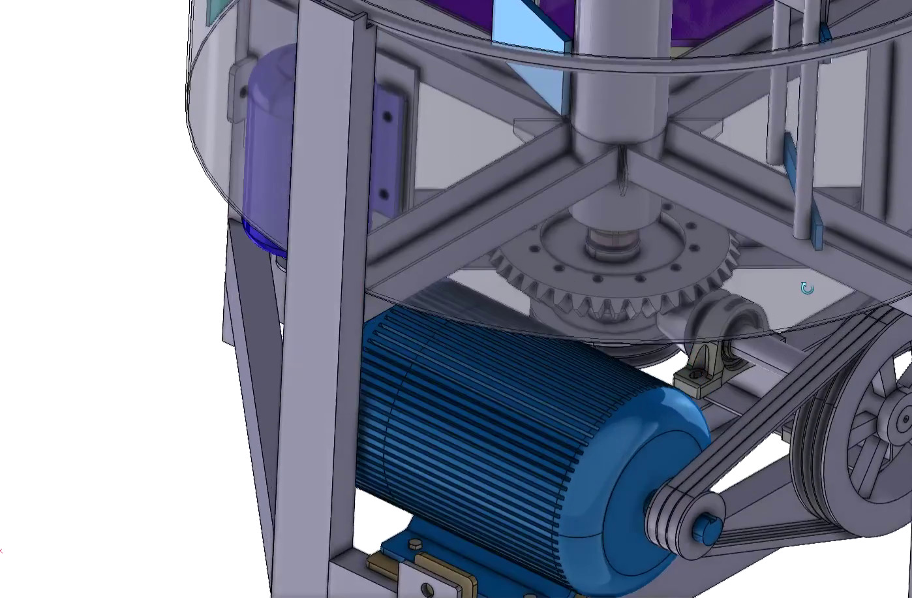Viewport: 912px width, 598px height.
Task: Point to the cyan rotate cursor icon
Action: (x=807, y=289)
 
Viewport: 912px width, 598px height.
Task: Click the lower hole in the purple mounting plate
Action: (x=384, y=194)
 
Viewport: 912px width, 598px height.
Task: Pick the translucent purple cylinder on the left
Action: (x=267, y=150)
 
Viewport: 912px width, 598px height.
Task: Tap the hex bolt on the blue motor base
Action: (x=415, y=543)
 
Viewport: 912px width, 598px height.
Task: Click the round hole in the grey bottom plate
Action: (x=427, y=590)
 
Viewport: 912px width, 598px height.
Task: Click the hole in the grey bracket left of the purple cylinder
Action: (x=243, y=93)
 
